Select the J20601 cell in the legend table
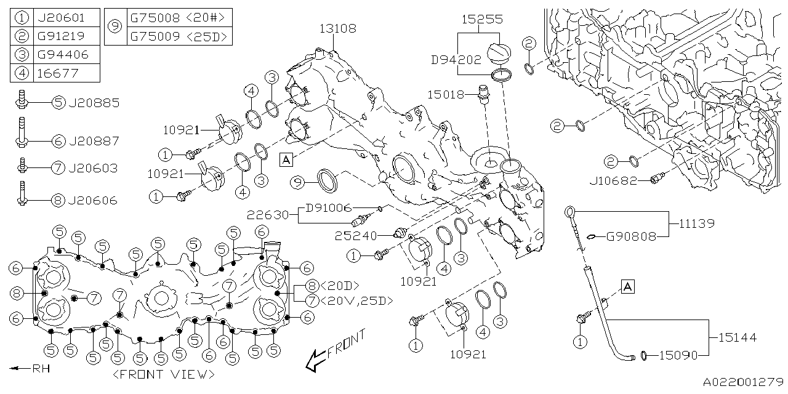tap(61, 17)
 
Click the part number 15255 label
tap(482, 20)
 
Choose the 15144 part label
tap(736, 337)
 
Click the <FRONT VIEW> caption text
tap(164, 374)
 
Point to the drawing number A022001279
tap(743, 382)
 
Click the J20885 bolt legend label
tap(94, 103)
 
